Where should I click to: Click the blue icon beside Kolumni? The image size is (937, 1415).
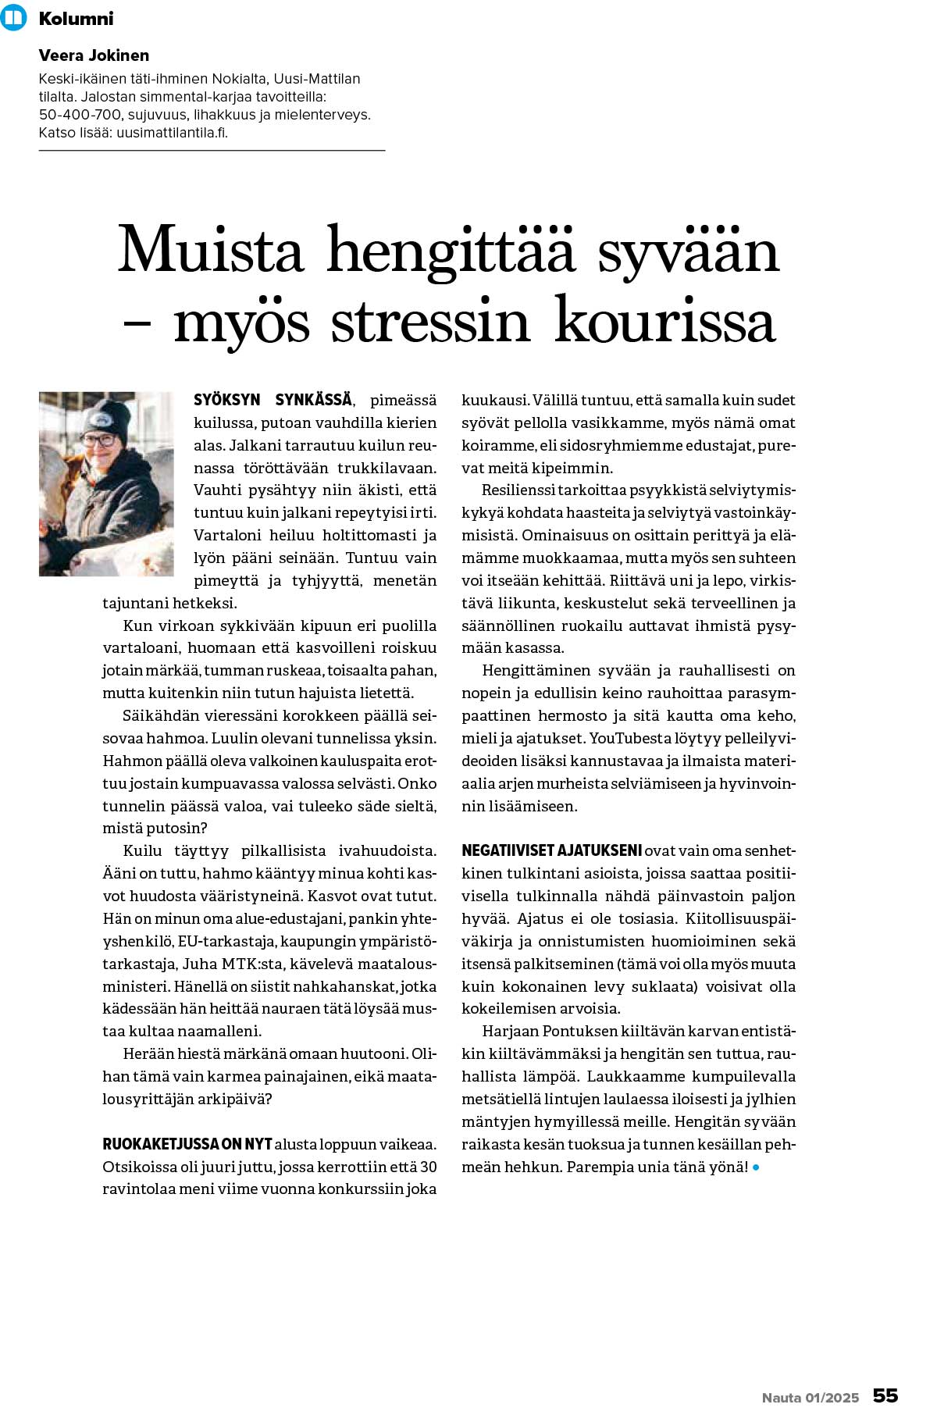(x=14, y=17)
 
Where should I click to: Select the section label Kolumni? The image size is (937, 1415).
(x=76, y=18)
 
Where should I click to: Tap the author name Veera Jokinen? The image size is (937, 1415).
(x=94, y=55)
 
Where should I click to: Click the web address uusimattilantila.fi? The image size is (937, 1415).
(x=172, y=132)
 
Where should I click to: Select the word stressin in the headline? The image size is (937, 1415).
(x=430, y=321)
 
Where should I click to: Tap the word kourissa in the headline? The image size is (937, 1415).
(x=664, y=321)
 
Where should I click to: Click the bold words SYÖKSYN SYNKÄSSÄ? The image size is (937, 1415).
(x=273, y=400)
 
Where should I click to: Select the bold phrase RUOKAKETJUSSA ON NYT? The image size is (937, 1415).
(x=187, y=1144)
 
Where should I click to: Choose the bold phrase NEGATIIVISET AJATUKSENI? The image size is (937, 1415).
(x=551, y=850)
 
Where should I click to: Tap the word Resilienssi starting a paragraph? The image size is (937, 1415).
(x=518, y=490)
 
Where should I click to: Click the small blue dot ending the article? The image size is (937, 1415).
(x=756, y=1167)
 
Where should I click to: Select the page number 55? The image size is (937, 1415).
(x=885, y=1395)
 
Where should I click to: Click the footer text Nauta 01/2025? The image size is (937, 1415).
(x=810, y=1397)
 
